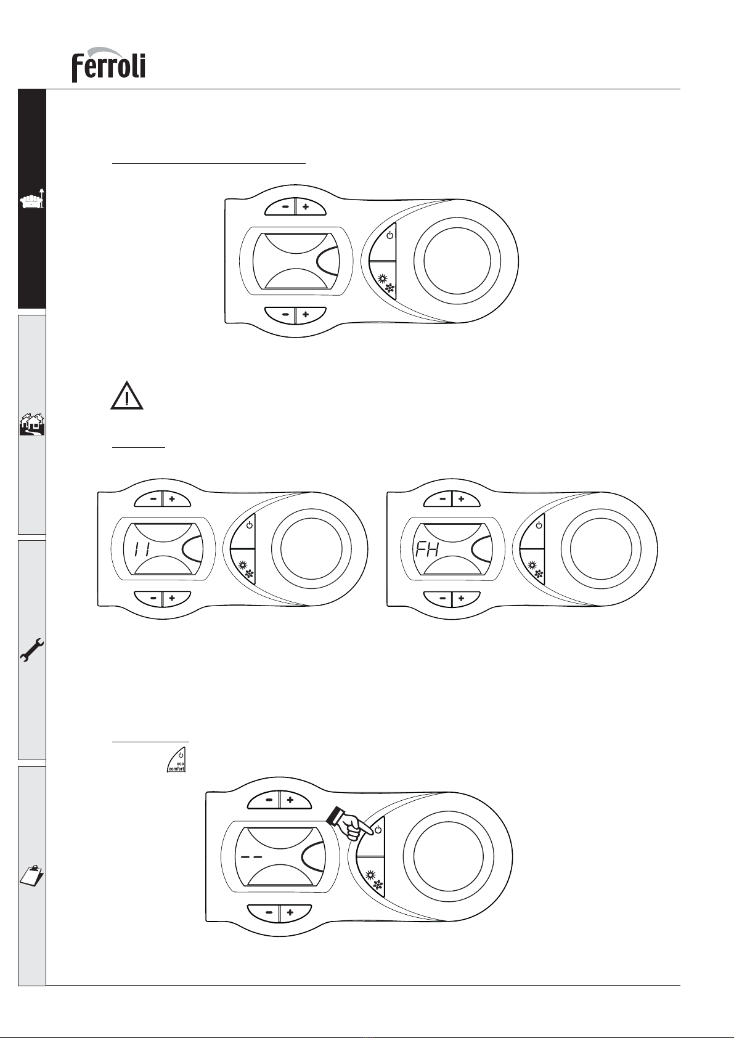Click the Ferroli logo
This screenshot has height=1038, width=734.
coord(108,65)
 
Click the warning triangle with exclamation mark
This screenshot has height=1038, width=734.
coord(126,395)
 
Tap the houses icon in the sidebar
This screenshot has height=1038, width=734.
coord(32,424)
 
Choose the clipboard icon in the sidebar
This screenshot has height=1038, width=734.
coord(32,875)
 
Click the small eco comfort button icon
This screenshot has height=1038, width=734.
coord(176,760)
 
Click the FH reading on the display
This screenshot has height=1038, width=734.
coord(427,549)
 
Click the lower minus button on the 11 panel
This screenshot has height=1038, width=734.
coord(153,598)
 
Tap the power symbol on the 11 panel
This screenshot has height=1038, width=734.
coord(250,525)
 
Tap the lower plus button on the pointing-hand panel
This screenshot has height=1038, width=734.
coord(290,912)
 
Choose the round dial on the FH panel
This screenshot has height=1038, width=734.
coord(601,549)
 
